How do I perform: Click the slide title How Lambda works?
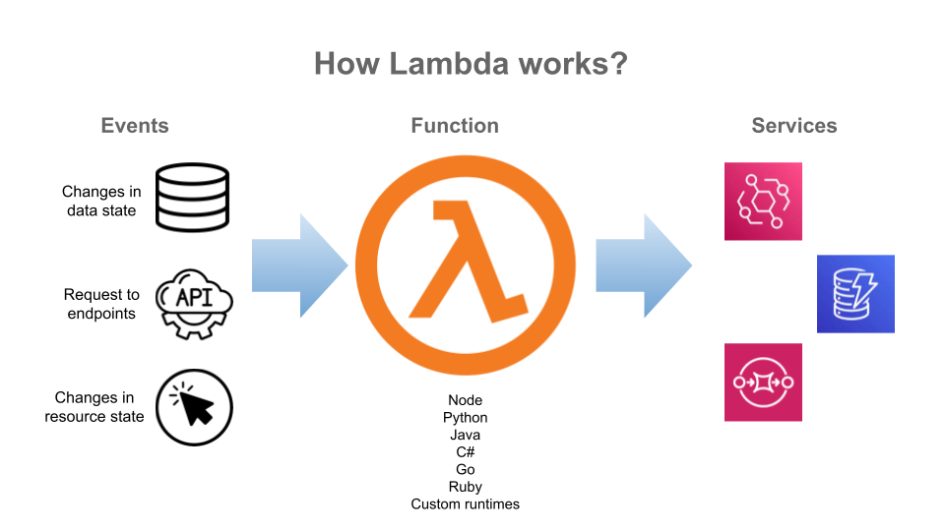coord(472,64)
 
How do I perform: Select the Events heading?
coord(135,126)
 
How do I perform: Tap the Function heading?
coord(455,126)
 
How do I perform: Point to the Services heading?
coord(793,126)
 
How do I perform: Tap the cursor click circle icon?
coord(193,407)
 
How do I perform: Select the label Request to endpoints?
coord(101,304)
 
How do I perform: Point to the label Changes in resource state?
coord(94,407)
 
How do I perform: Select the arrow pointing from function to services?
coord(643,265)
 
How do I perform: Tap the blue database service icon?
coord(855,293)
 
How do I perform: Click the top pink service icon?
coord(763,202)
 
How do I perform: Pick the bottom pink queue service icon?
coord(763,383)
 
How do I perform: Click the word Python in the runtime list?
coord(466,418)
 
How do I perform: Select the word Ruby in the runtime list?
coord(466,487)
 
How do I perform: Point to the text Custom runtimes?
coord(466,504)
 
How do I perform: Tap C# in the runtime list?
coord(466,452)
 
